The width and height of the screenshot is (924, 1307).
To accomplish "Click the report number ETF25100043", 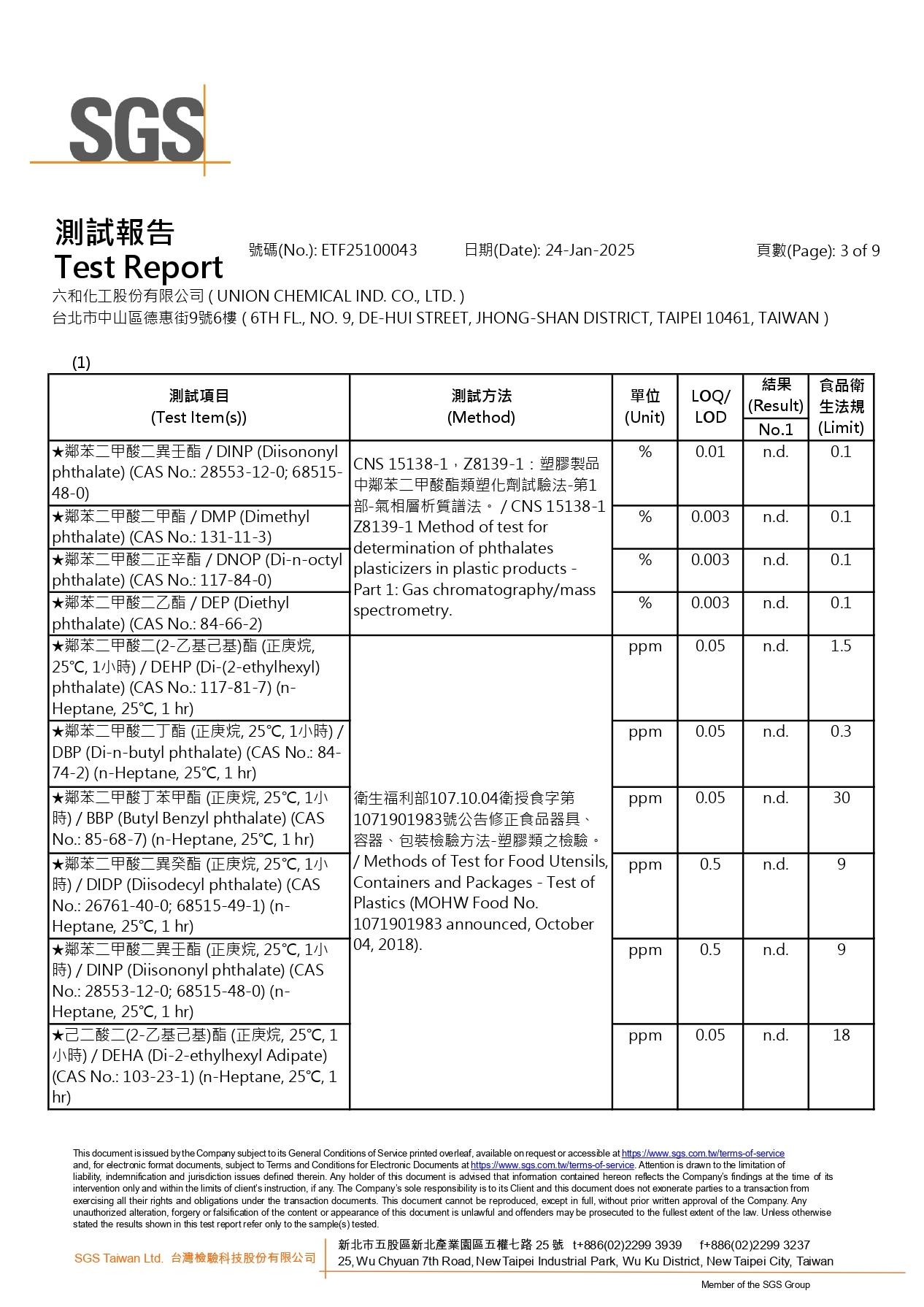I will [x=369, y=250].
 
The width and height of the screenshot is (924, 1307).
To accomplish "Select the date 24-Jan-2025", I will [x=590, y=250].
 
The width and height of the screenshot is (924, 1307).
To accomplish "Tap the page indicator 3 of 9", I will [x=860, y=251].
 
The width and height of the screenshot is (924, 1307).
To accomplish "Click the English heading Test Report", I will [x=139, y=268].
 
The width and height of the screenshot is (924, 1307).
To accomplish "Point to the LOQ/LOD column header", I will [x=710, y=407].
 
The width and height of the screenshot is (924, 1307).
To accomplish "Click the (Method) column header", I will [x=481, y=417].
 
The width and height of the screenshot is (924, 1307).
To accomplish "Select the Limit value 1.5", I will [x=841, y=646].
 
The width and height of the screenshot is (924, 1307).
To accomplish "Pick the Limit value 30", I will [x=841, y=798].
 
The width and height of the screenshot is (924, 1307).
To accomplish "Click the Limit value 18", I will [x=841, y=1035].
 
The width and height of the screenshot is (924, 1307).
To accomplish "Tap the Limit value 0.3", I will [x=841, y=732].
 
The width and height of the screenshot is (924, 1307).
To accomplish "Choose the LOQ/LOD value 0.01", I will [x=710, y=452].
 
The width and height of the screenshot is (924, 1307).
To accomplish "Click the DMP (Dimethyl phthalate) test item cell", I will [x=198, y=526].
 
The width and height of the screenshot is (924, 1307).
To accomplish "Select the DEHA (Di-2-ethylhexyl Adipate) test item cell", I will [x=198, y=1066].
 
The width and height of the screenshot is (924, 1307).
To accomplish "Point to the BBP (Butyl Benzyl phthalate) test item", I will [x=198, y=819].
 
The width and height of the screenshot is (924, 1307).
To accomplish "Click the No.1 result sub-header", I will [x=775, y=429].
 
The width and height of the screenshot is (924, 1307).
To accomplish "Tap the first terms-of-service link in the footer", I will [x=703, y=1154].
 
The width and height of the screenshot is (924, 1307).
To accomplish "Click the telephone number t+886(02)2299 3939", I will [x=627, y=1245].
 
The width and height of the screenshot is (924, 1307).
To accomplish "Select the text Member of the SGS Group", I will [x=755, y=1285].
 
